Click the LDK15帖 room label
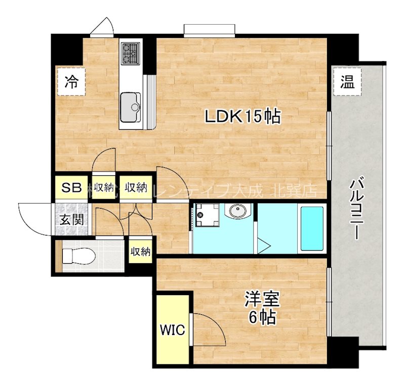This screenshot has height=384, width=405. pyautogui.click(x=242, y=117)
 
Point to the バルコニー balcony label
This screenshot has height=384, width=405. pyautogui.click(x=357, y=207)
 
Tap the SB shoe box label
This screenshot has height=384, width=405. pyautogui.click(x=71, y=188)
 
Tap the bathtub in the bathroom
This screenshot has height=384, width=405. pyautogui.click(x=311, y=228)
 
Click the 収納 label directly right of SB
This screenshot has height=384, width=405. pyautogui.click(x=104, y=188)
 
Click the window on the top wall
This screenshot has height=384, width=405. pyautogui.click(x=209, y=31)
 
